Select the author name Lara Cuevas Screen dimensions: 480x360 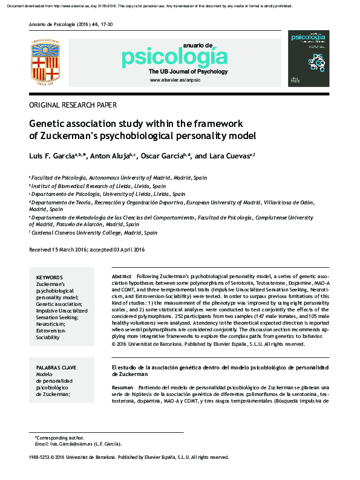coord(229,156)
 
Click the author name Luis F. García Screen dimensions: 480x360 coord(51,156)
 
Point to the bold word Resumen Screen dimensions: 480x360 coord(123,387)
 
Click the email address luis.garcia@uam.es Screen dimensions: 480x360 coord(77,444)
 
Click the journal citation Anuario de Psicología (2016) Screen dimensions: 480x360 coord(59,25)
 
